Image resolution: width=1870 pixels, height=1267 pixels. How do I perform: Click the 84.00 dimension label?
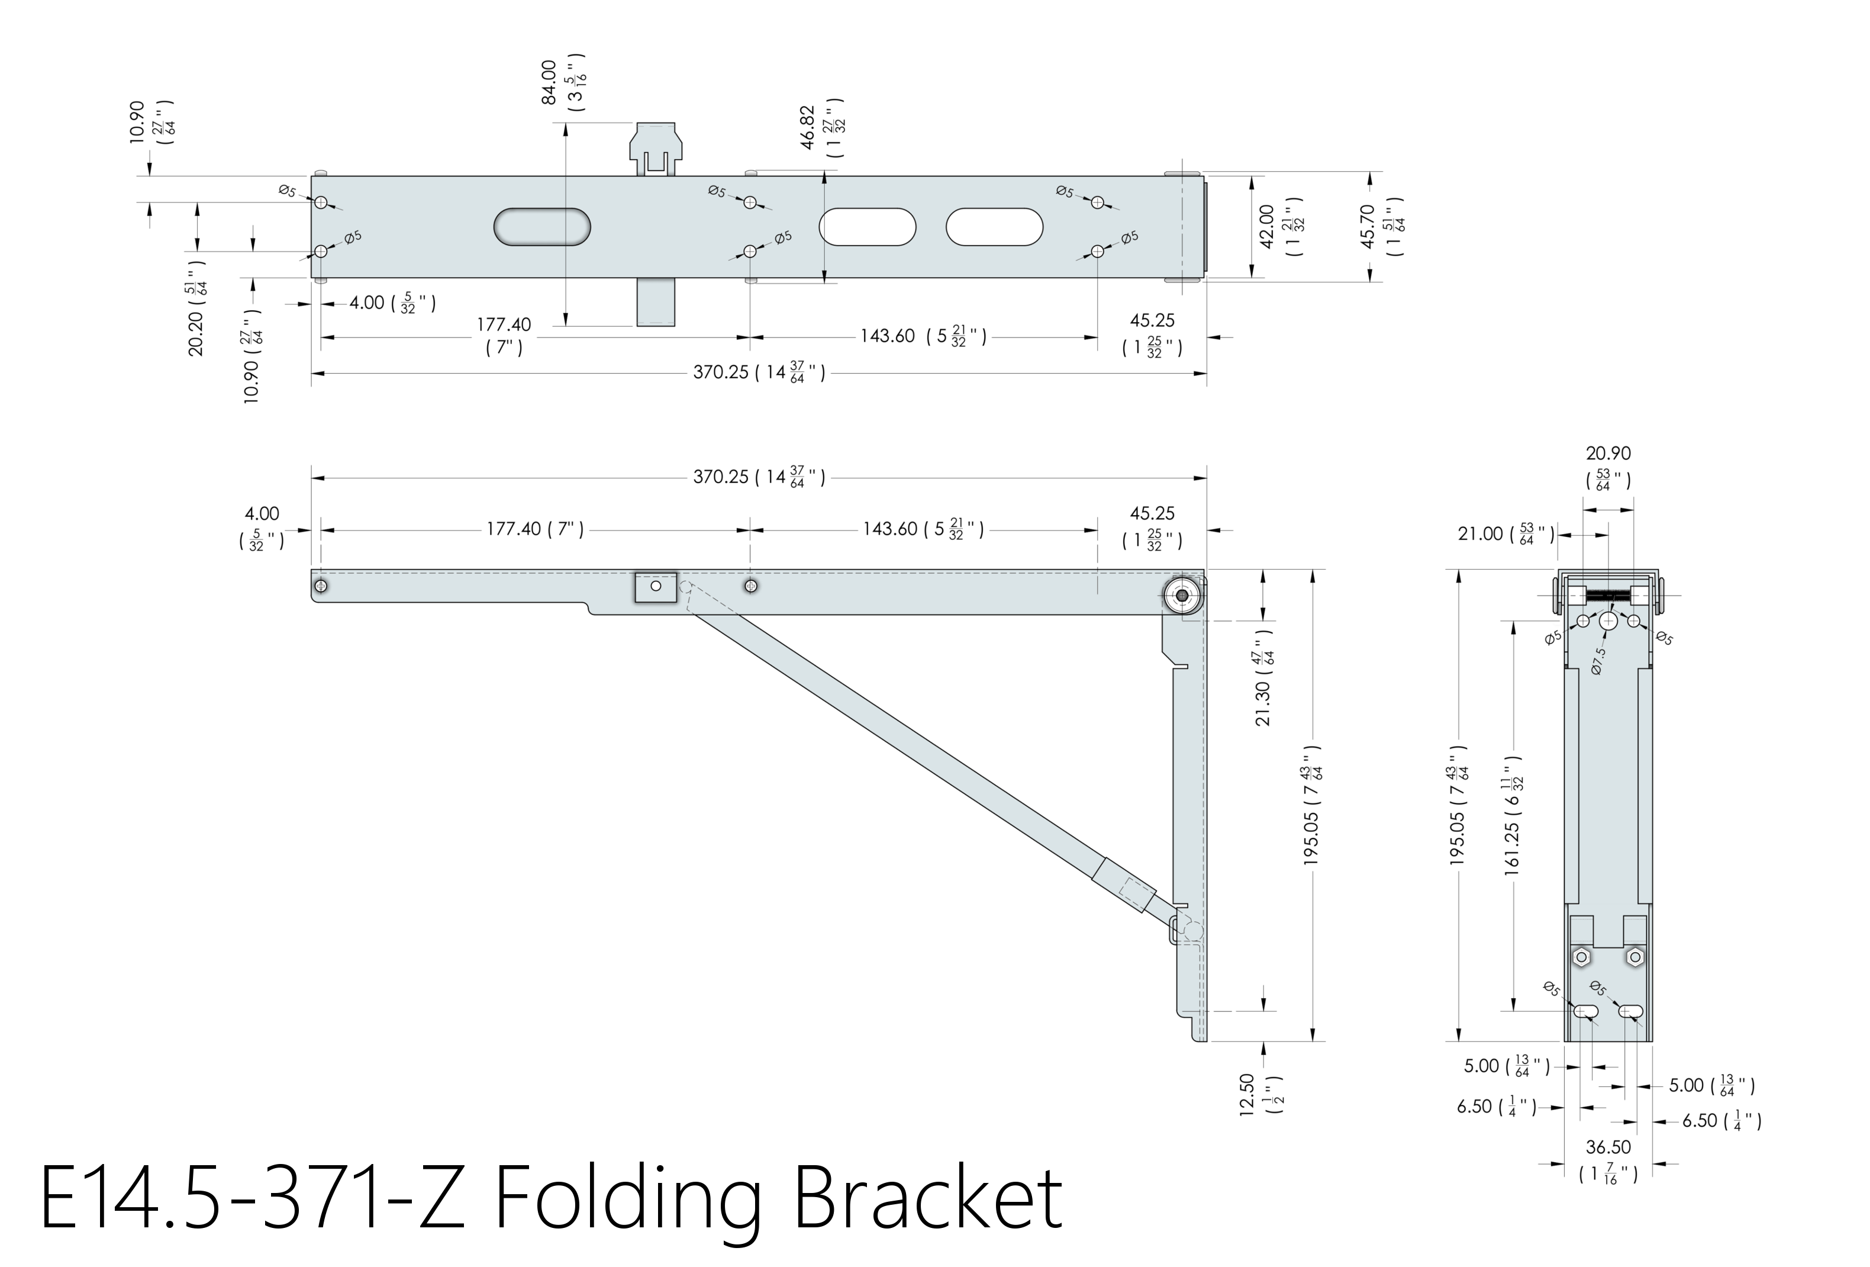coord(549,82)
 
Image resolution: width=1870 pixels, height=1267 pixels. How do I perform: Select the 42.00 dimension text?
coord(1266,226)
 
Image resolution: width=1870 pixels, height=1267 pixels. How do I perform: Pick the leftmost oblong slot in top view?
coord(541,227)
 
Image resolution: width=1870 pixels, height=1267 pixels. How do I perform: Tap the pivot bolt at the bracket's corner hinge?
coord(1182,596)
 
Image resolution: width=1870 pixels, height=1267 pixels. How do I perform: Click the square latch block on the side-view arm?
coord(655,587)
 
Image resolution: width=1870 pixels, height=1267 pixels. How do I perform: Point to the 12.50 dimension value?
coord(1247,1095)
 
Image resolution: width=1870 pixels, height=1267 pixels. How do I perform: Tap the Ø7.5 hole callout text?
coord(1599,661)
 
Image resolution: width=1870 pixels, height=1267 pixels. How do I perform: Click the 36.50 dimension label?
coord(1608,1147)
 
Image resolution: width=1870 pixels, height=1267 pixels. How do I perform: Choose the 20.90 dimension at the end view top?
coord(1608,453)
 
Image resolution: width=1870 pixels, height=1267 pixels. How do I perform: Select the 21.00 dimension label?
coord(1480,533)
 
